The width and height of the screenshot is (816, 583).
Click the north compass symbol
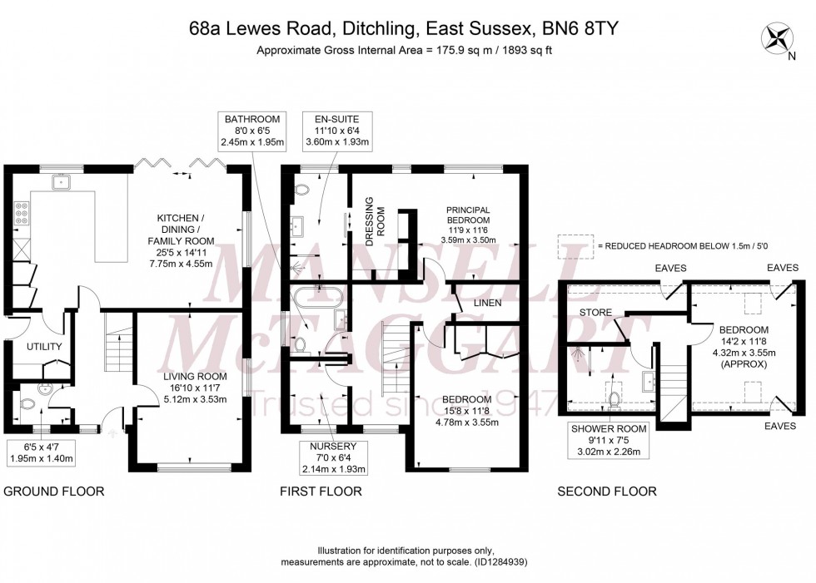click(780, 37)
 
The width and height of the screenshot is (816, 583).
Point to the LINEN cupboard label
click(487, 304)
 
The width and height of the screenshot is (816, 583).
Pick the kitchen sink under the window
click(61, 180)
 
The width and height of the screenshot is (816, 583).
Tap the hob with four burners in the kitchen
click(20, 216)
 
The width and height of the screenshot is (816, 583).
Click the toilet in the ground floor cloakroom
click(27, 404)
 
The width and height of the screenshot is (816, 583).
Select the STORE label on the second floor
click(596, 313)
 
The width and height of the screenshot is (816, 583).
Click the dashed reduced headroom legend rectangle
click(572, 245)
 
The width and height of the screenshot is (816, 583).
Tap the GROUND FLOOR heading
click(54, 492)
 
